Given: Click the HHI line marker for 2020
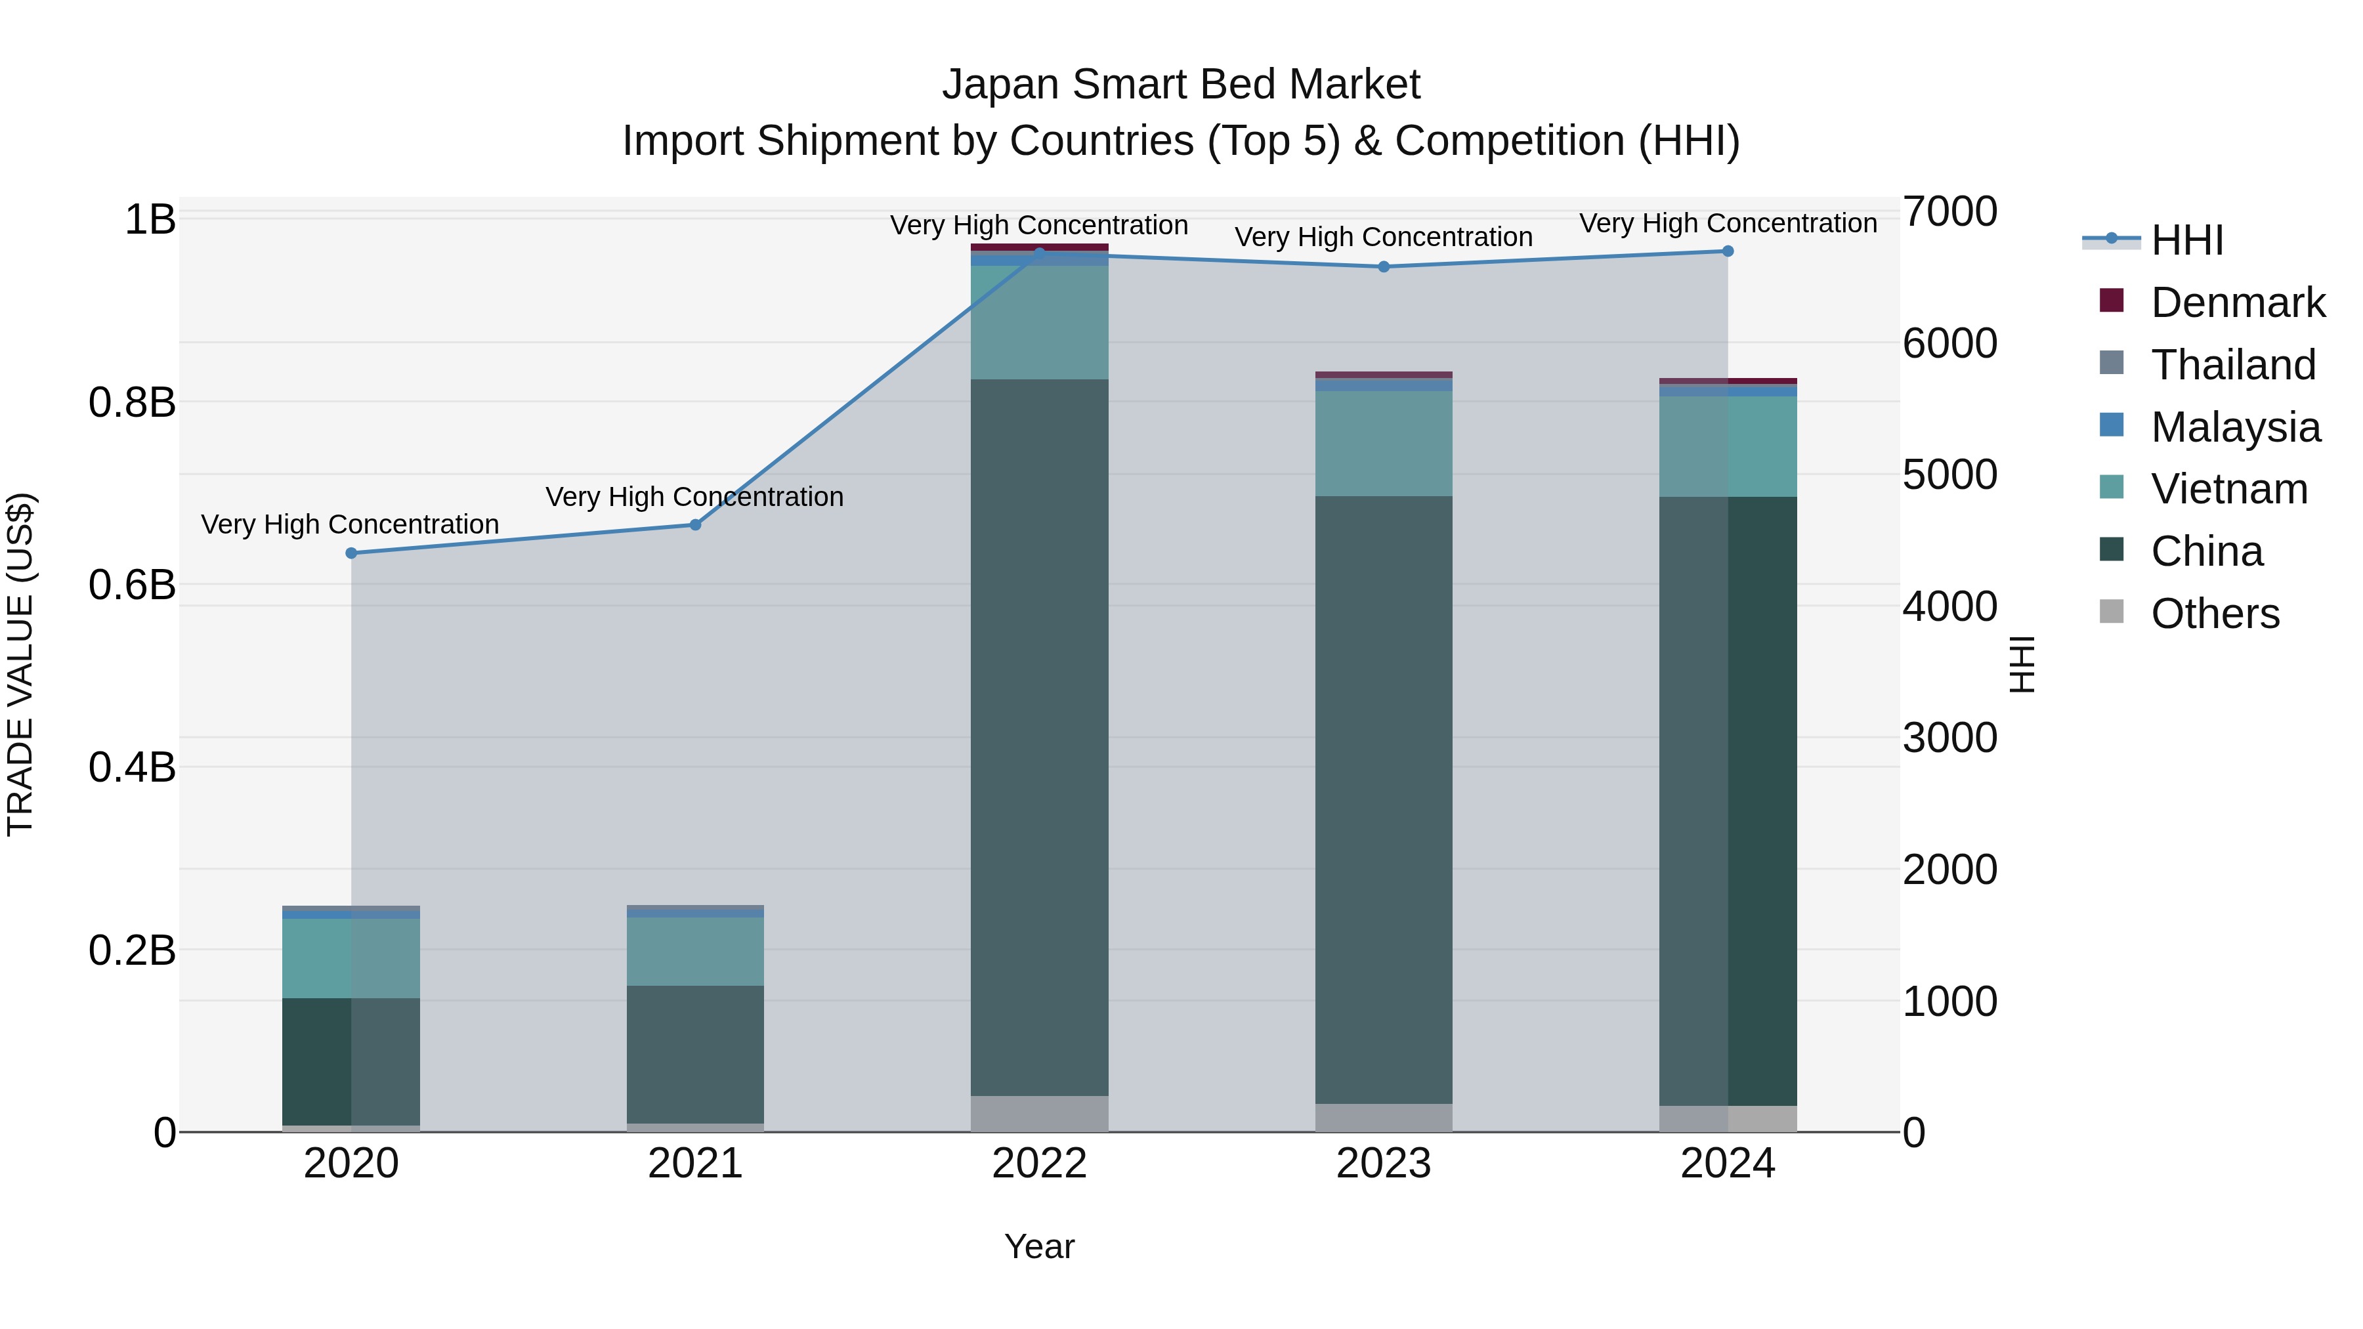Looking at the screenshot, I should tap(351, 553).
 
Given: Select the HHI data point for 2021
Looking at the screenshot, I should tap(695, 524).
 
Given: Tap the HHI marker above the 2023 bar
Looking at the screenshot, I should tap(1383, 267).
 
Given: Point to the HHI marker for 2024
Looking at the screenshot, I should tap(1728, 251).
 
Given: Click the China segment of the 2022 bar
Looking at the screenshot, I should tap(1039, 734).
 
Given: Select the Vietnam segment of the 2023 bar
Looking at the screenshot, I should tap(1383, 444).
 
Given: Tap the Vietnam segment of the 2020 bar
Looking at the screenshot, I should tap(351, 958).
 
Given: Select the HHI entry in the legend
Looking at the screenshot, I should tap(2187, 240).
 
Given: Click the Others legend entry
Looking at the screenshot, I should tap(2215, 614).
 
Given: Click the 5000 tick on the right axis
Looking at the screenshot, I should tap(1949, 475).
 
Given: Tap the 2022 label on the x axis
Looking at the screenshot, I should tap(1039, 1164).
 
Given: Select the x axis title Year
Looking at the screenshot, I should tap(1039, 1246).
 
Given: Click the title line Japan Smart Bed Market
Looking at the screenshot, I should tap(1181, 85).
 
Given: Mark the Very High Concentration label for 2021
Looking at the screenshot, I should tap(694, 497).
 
